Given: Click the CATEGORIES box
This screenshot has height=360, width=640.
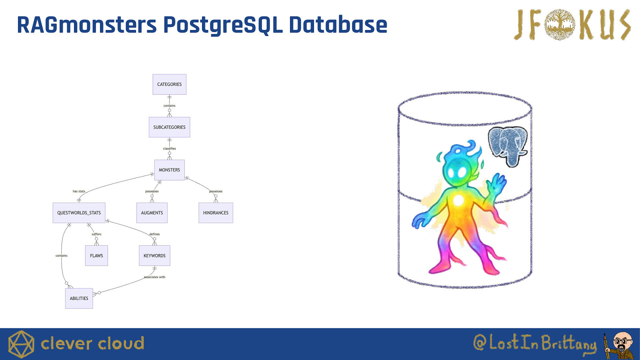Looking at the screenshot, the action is [170, 84].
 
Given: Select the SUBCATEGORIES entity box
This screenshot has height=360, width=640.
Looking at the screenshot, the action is [170, 127].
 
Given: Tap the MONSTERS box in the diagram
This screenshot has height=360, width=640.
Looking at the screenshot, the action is [170, 170].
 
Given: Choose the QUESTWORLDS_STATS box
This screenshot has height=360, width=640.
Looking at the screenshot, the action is [79, 213].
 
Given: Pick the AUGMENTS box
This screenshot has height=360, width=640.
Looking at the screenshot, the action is [152, 213].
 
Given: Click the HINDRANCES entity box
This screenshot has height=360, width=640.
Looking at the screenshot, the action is [216, 213].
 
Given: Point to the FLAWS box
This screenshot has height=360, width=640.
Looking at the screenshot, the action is [96, 256].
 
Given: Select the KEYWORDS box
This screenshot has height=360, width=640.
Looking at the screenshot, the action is [154, 256].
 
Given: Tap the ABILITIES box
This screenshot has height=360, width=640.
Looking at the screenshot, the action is [79, 298].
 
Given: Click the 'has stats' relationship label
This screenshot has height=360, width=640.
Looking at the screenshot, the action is [79, 191].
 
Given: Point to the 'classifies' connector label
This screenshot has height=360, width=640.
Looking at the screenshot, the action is [170, 148].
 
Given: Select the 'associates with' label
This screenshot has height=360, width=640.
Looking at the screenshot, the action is [154, 277].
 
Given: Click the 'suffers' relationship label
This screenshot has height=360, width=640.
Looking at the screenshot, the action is [96, 234].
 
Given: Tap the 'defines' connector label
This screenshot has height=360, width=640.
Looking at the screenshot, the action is [154, 234].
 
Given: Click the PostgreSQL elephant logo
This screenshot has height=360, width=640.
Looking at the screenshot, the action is [508, 146].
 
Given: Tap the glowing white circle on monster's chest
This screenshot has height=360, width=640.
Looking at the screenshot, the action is [458, 200].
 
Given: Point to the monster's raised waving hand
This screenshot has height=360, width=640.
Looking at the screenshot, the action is [497, 182].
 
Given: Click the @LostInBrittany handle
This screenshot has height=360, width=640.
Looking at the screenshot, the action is [535, 343].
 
